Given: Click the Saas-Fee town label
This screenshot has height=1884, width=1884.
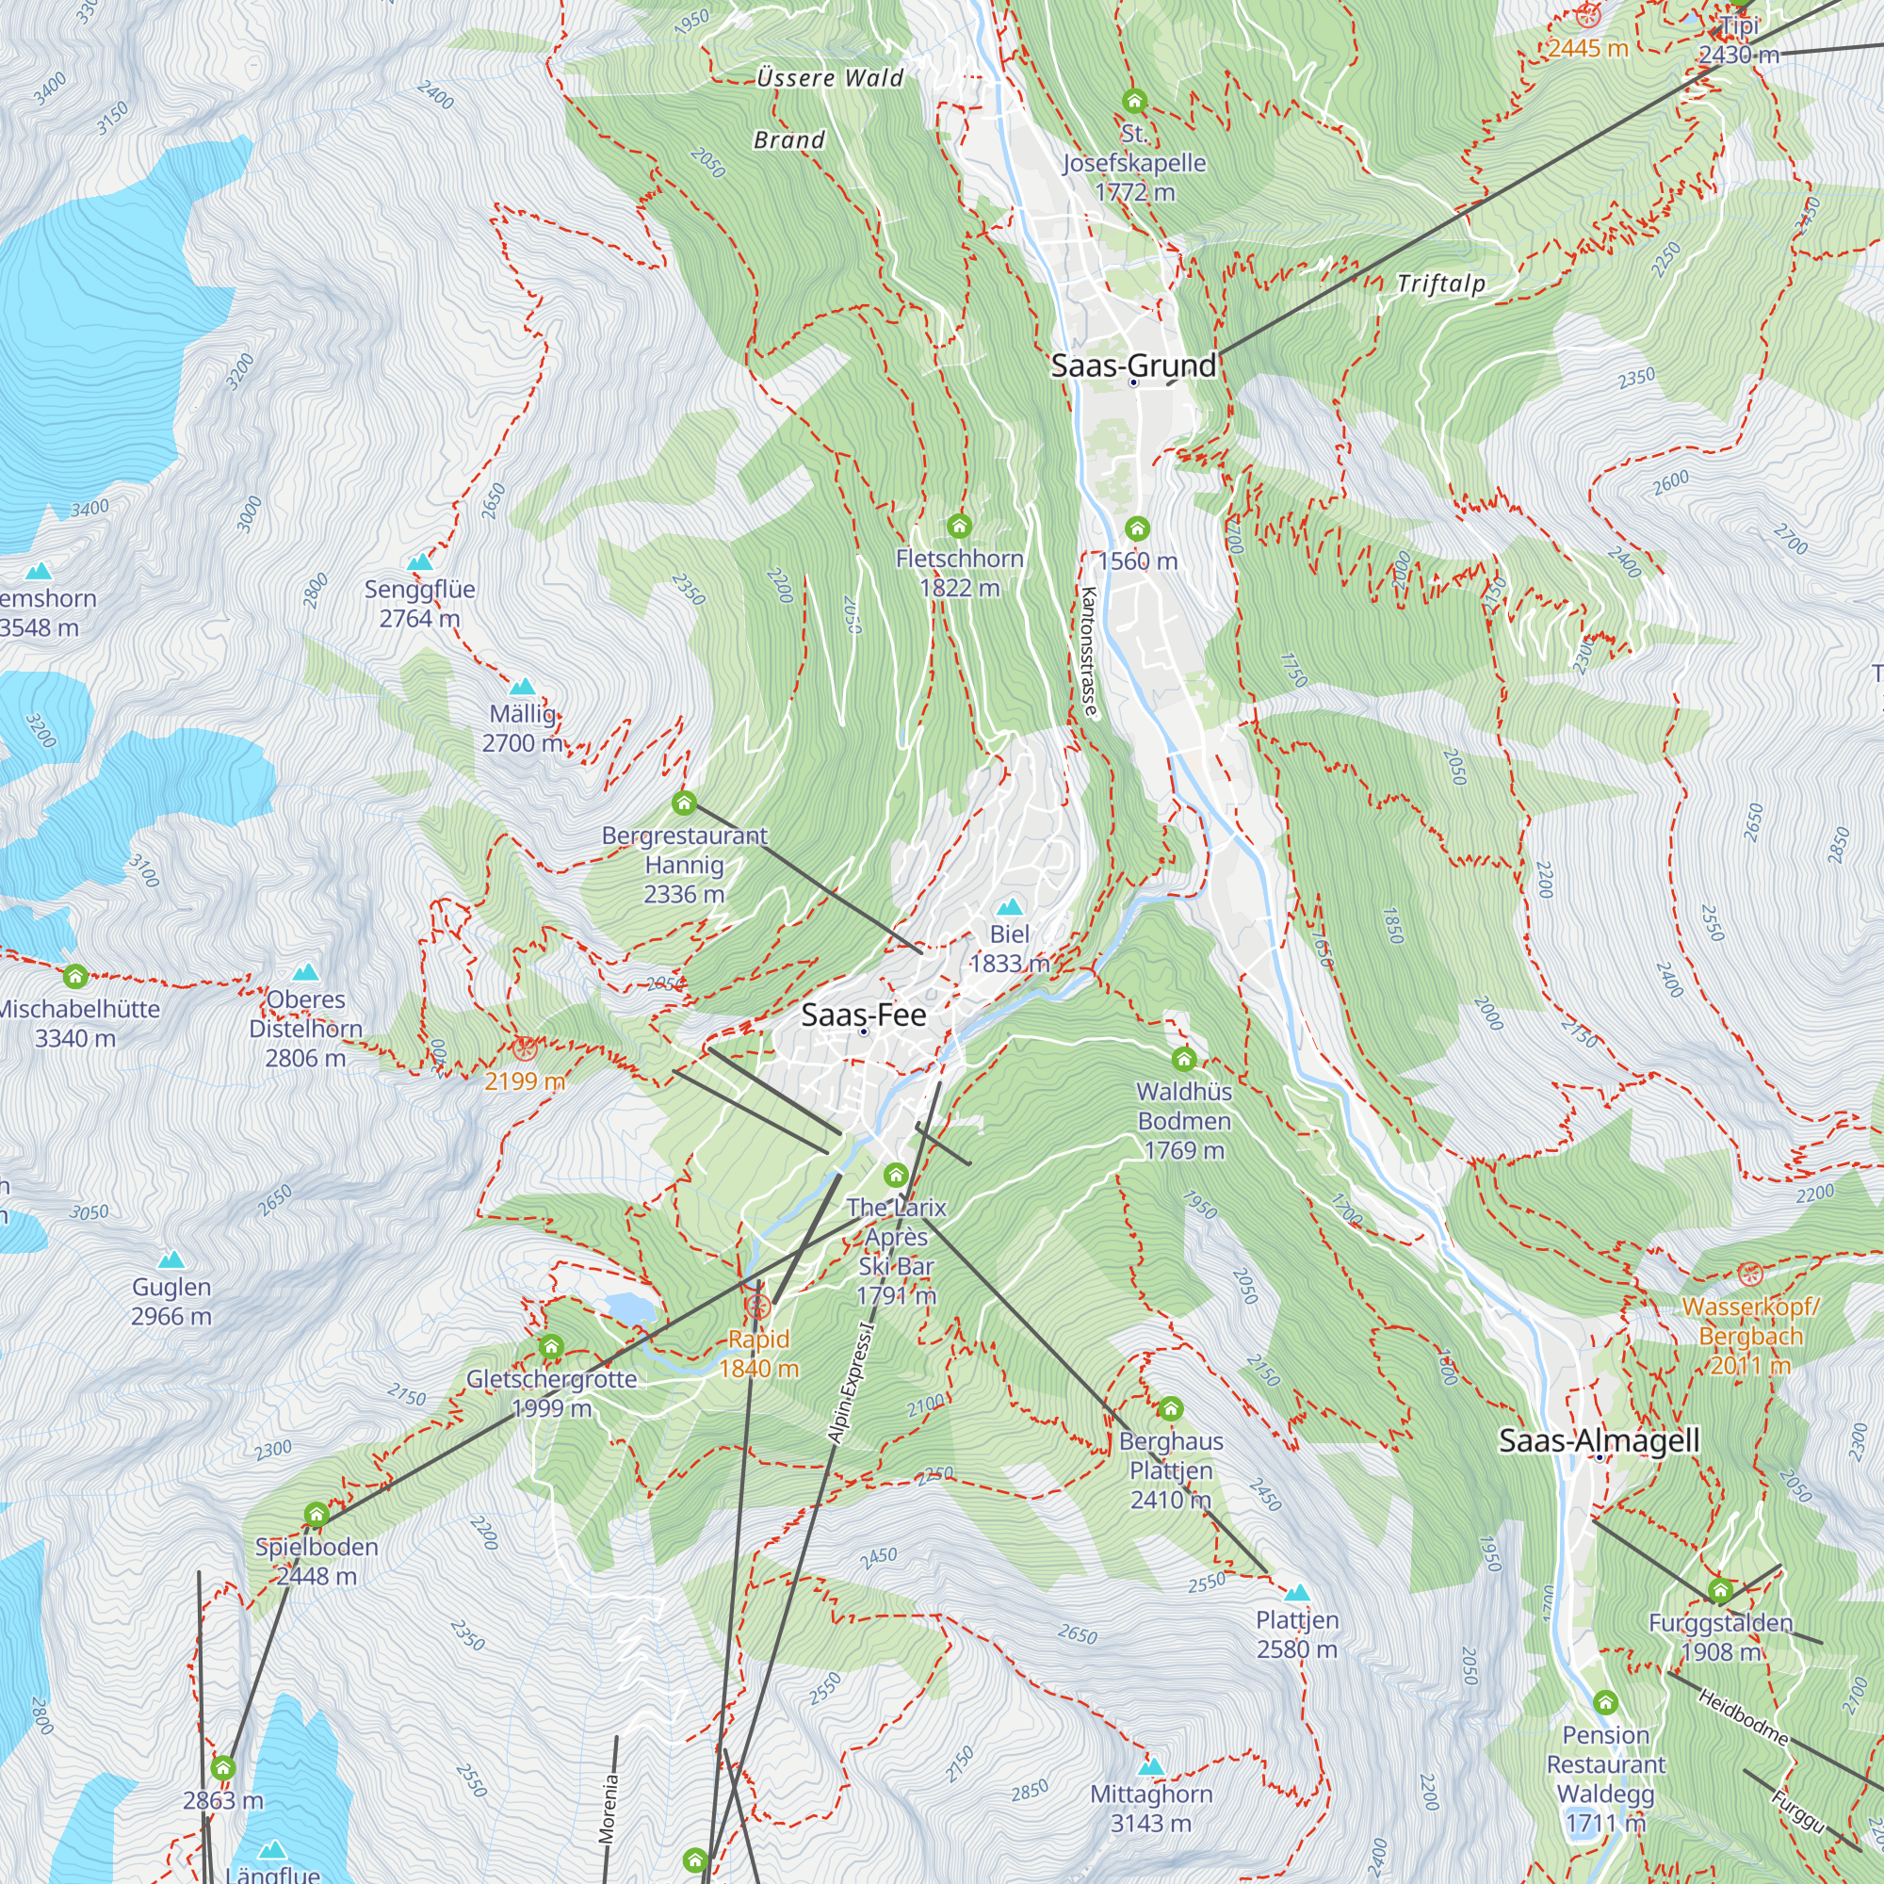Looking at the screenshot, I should (863, 1015).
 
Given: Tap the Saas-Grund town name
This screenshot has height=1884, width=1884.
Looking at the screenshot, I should (1133, 365).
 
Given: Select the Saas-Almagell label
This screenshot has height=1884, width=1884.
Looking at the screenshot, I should (1599, 1440).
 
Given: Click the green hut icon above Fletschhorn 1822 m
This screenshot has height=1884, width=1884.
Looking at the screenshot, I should (959, 527).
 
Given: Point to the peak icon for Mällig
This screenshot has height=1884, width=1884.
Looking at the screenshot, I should (523, 687).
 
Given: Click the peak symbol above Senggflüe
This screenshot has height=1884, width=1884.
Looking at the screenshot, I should (419, 561).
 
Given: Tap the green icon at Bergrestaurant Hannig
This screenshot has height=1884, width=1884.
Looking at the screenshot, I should (684, 804).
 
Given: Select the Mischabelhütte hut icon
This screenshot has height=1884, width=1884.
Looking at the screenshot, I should (75, 976).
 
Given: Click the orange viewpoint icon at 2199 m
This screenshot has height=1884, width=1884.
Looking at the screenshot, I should (524, 1049).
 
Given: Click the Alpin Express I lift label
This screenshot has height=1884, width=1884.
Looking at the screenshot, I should (851, 1383).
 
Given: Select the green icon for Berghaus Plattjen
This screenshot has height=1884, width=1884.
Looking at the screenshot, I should (1170, 1409).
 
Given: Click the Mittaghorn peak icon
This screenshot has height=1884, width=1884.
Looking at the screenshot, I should (1151, 1767).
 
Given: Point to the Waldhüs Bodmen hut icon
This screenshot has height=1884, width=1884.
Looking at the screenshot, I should (1184, 1059).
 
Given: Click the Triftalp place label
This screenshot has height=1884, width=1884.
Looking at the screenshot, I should (1440, 284).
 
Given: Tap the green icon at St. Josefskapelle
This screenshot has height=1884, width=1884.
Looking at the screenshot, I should (1133, 101).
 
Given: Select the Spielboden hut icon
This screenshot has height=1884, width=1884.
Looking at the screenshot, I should (315, 1515).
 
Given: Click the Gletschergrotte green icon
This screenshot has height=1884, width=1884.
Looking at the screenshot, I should (551, 1348).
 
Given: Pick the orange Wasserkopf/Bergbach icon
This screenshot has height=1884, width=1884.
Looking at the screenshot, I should (1750, 1274).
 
